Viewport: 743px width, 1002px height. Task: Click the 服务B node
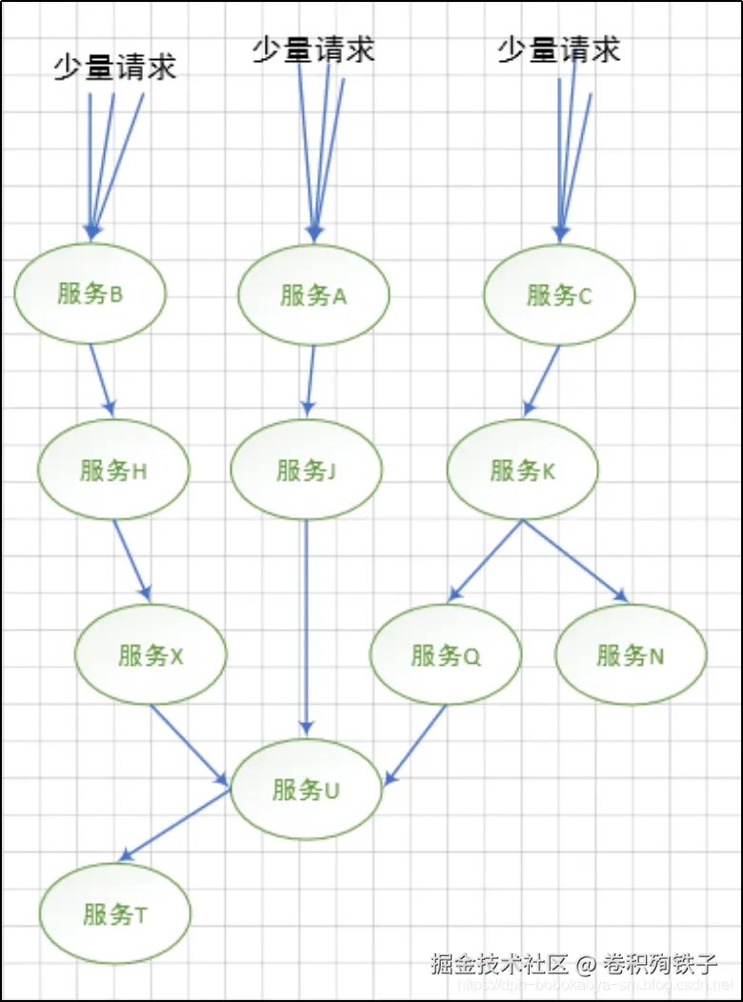[90, 293]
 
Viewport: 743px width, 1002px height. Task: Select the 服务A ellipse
[313, 295]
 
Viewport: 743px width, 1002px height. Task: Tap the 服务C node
[559, 295]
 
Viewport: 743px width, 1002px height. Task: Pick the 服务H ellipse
[113, 471]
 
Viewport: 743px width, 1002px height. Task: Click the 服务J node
[306, 471]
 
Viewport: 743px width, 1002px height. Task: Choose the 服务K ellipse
[522, 471]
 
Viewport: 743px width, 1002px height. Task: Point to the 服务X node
[151, 655]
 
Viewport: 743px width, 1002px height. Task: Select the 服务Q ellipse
[446, 655]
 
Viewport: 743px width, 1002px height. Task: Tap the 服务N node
[631, 655]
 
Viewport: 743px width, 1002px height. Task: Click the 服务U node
[306, 790]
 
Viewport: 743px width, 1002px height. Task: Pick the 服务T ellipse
[115, 915]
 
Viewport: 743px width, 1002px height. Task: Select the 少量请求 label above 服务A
[313, 50]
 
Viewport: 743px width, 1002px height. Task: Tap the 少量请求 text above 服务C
[559, 50]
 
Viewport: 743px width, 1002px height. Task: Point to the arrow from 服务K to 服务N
[574, 561]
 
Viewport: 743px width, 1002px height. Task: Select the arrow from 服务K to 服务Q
[485, 561]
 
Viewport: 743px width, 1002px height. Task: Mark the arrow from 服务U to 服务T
[174, 826]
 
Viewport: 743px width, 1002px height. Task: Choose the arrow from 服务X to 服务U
[190, 746]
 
